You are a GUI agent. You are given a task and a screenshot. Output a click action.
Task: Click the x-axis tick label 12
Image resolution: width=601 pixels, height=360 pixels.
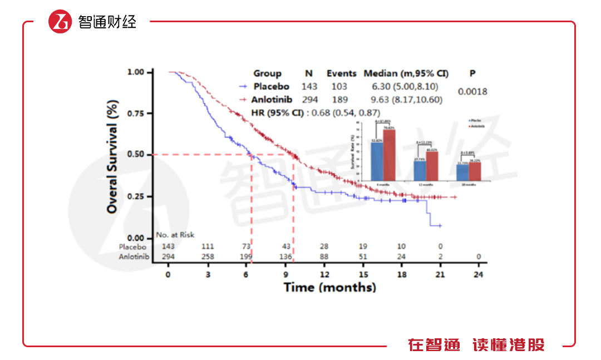(324, 275)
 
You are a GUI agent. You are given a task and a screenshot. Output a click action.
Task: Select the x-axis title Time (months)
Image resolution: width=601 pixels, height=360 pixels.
(329, 288)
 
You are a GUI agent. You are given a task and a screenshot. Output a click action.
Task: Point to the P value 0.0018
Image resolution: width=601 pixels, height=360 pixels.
(472, 91)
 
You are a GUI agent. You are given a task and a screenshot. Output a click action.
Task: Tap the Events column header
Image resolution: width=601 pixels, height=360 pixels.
(341, 73)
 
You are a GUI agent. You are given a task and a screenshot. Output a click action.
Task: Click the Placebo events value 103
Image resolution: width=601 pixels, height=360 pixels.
(338, 87)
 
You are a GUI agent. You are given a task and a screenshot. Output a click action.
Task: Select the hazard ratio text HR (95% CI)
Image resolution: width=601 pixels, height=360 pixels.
(281, 113)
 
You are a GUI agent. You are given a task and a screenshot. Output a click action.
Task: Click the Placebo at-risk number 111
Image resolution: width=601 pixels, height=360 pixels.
(208, 246)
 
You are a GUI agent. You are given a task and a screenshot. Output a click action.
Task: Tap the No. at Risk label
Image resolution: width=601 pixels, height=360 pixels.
(175, 235)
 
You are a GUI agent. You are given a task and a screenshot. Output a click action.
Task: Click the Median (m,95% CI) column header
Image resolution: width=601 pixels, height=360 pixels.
(406, 73)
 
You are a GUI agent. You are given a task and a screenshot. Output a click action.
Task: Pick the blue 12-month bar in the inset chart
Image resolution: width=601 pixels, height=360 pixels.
(420, 171)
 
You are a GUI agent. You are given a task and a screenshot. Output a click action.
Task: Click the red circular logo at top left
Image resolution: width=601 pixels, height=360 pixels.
(60, 22)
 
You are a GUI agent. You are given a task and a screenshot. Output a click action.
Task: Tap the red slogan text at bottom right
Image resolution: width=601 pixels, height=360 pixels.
(476, 345)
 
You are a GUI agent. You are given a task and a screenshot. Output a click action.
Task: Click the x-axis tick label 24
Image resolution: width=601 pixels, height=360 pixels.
(478, 275)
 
